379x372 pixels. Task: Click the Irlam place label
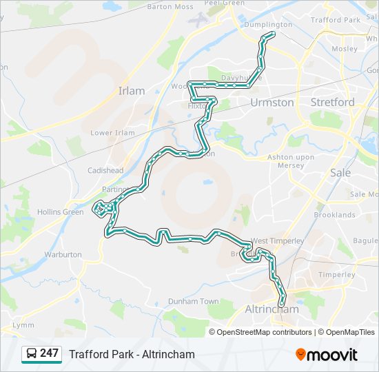[x=132, y=90]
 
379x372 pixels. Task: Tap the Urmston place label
[x=272, y=102]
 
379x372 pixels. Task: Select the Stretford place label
[x=333, y=102]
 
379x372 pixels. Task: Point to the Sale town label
[x=340, y=172]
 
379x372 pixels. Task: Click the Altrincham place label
[x=272, y=309]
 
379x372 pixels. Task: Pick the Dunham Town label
[x=194, y=302]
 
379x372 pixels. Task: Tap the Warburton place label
[x=63, y=254]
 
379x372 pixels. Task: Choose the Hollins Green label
[x=60, y=212]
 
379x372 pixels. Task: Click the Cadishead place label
[x=105, y=170]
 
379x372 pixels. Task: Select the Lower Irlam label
[x=112, y=133]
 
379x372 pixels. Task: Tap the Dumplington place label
[x=268, y=24]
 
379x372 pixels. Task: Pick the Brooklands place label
[x=334, y=215]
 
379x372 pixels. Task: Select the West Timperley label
[x=278, y=241]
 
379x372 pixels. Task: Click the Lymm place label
[x=23, y=324]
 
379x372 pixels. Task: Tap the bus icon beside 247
[x=32, y=354]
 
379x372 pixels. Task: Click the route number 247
[x=49, y=353]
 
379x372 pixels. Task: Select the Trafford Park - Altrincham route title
[x=132, y=354]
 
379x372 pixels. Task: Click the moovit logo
[x=327, y=354]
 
